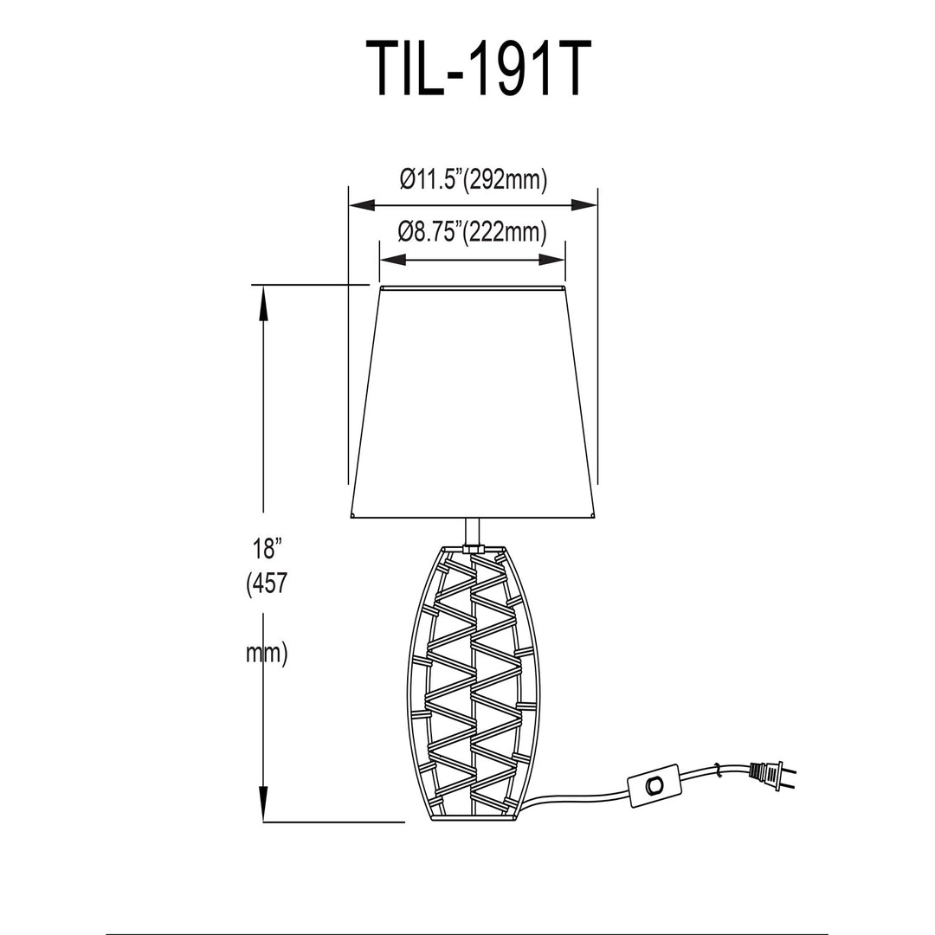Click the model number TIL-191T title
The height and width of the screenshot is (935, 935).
click(478, 68)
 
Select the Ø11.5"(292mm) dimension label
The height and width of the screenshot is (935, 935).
click(473, 179)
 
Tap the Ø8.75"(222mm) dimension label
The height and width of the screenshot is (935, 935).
click(473, 231)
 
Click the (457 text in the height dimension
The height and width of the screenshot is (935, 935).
click(267, 584)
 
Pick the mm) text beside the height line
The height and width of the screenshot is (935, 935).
click(267, 654)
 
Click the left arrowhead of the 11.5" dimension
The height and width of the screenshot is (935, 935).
click(361, 206)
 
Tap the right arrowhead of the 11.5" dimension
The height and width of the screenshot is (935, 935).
click(584, 206)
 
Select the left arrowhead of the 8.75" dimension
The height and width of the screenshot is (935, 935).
click(393, 260)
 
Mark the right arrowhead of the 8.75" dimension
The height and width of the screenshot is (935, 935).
click(551, 260)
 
